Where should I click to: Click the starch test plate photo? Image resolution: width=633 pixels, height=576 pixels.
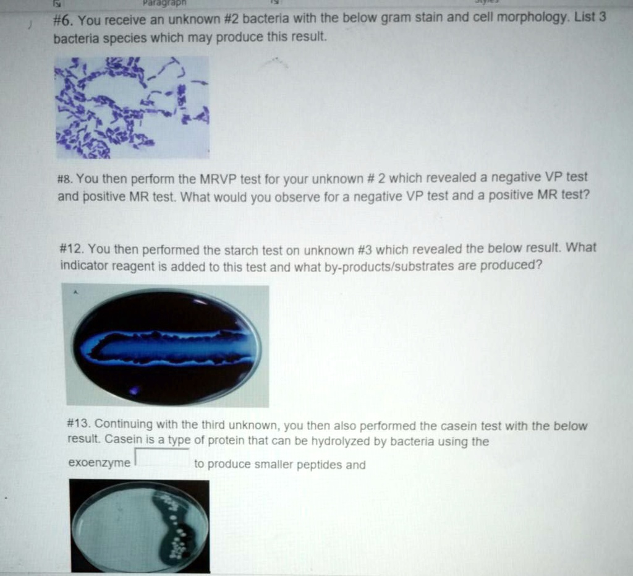[165, 346]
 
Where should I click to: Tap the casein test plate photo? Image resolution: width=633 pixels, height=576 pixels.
[140, 526]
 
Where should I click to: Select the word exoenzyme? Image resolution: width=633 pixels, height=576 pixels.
[99, 463]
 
